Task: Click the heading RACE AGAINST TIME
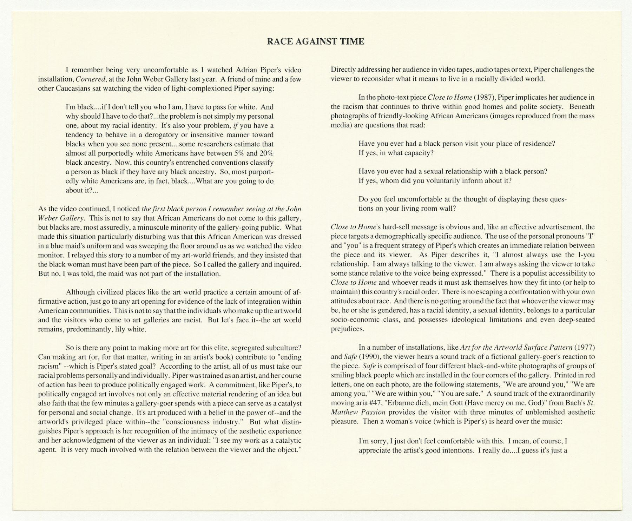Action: coord(315,42)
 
